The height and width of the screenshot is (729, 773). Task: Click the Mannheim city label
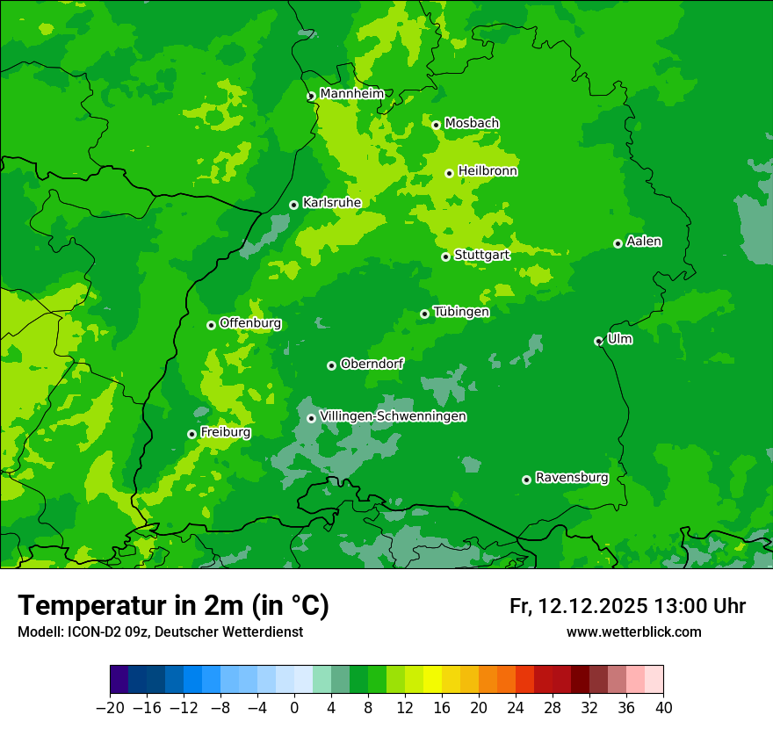[x=351, y=93]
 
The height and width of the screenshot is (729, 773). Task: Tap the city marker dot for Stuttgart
[x=446, y=256]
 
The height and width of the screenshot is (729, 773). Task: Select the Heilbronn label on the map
[x=488, y=171]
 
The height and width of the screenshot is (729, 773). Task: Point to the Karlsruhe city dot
[x=293, y=205]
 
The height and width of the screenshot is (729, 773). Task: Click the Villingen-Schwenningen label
[x=393, y=416]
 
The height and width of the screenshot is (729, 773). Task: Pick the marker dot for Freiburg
[x=191, y=434]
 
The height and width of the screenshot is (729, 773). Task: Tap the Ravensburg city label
[x=572, y=478]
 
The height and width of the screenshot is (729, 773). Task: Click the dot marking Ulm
[x=598, y=341]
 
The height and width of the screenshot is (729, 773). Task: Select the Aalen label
[x=644, y=242]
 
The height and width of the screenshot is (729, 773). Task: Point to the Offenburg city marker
[x=211, y=325]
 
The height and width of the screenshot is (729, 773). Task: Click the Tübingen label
[x=461, y=312]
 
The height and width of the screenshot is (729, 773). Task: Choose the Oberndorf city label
[x=372, y=364]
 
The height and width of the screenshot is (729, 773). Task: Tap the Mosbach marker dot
[x=436, y=125]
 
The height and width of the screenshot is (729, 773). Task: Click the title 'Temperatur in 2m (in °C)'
[x=173, y=605]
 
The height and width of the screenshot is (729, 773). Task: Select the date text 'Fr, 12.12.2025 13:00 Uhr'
[x=627, y=606]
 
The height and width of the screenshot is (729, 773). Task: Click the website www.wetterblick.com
[x=633, y=632]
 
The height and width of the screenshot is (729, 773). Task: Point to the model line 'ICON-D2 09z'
[x=160, y=632]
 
